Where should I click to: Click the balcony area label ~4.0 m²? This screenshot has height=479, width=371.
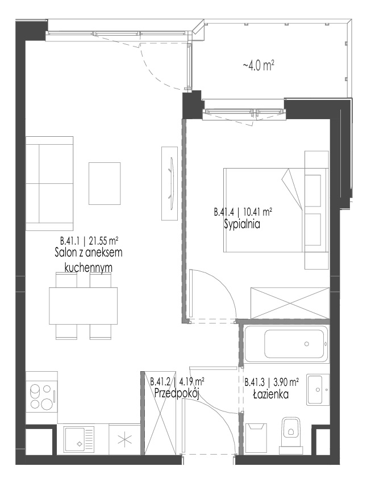click(258, 65)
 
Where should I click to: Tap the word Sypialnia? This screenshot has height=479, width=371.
click(242, 225)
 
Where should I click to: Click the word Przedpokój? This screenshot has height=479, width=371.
click(177, 393)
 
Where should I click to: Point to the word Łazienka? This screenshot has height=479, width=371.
click(270, 394)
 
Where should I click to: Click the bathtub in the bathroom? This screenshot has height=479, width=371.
click(286, 344)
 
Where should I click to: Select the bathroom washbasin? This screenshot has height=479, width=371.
click(318, 389)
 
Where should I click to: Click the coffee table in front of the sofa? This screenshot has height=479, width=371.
click(105, 183)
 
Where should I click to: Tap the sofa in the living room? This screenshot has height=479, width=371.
click(49, 183)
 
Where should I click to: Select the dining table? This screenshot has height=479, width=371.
click(83, 305)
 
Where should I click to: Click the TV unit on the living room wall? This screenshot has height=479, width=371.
click(169, 183)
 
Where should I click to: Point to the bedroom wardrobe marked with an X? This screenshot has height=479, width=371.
click(290, 303)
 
